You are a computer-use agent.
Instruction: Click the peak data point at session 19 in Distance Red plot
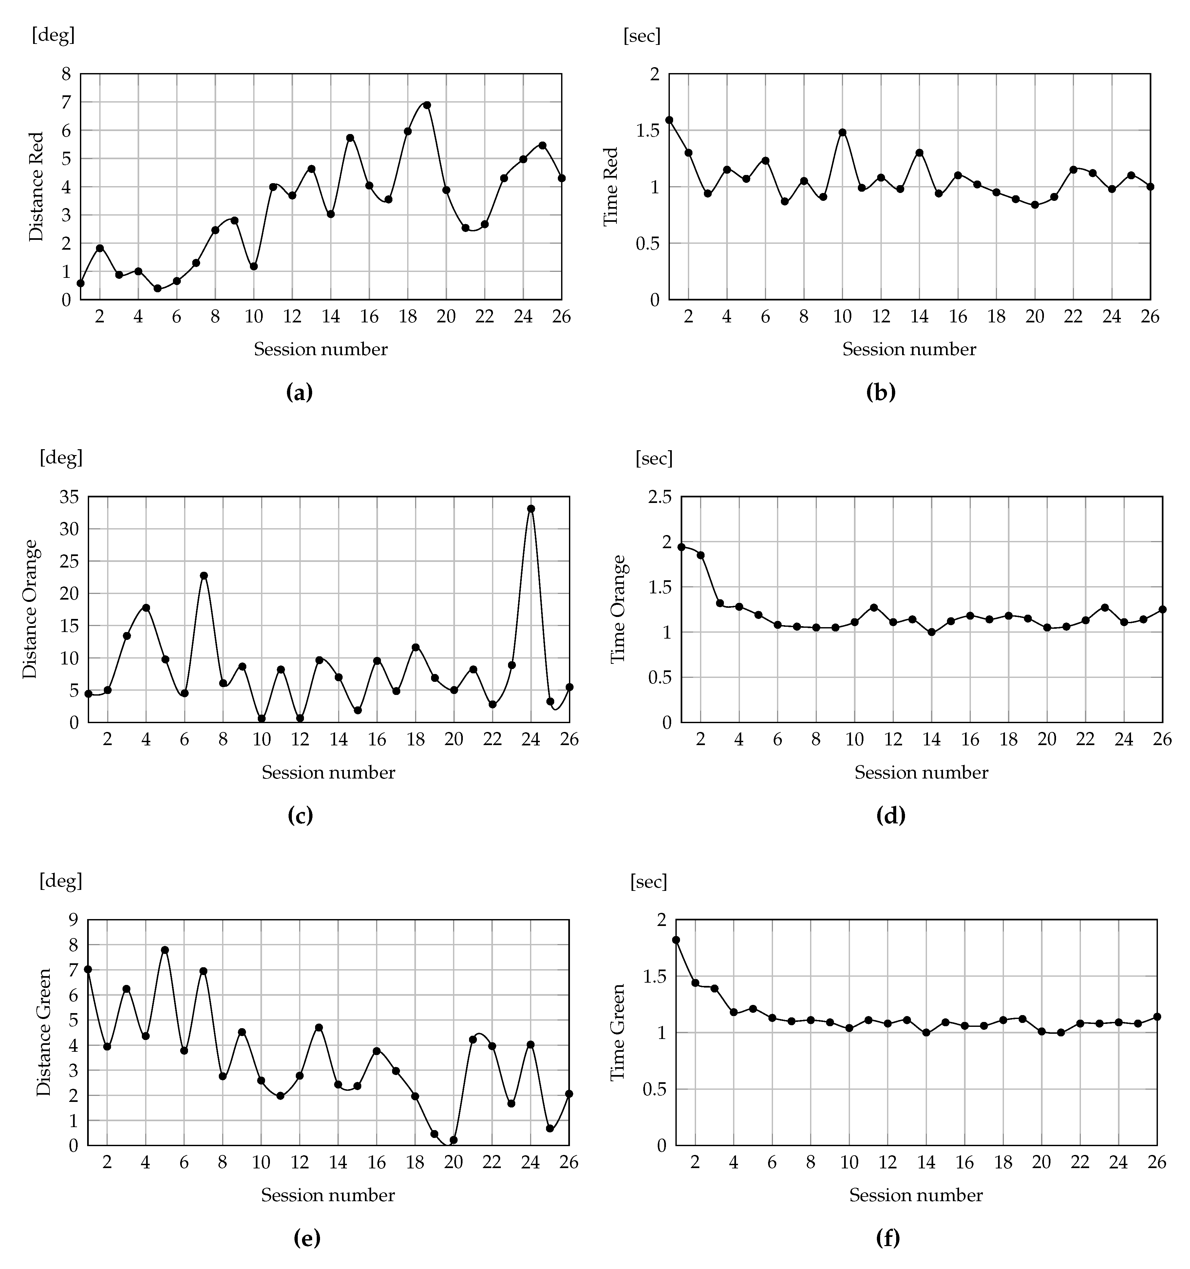click(x=427, y=105)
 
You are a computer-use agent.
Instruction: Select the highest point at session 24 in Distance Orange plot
click(x=531, y=509)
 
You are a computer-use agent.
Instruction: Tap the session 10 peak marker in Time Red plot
click(x=842, y=132)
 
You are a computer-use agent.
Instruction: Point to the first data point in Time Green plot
click(x=676, y=940)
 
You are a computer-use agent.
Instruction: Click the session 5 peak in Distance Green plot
click(x=165, y=950)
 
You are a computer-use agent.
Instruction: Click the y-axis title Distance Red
click(x=37, y=186)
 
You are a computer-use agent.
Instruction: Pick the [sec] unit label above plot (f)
click(x=648, y=881)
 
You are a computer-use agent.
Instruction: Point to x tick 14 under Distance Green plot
click(x=338, y=1163)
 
